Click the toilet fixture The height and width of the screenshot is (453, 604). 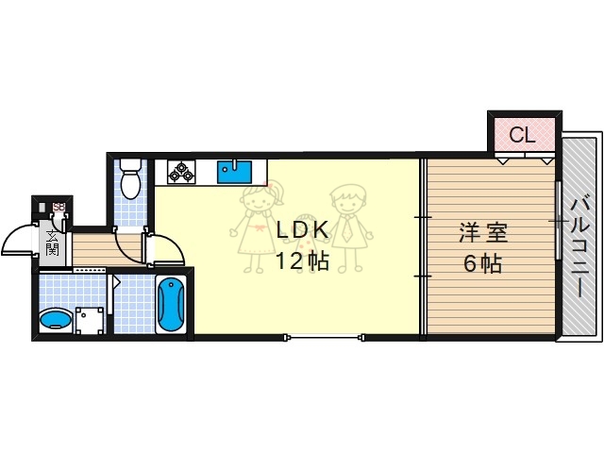point(131,179)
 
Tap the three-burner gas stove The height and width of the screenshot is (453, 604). point(181,171)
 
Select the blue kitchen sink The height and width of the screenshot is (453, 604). point(234,171)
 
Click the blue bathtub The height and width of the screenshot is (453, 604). point(171,303)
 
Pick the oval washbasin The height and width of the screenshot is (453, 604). point(56,321)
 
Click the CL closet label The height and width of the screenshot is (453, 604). point(522,135)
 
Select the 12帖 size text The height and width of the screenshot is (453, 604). point(302,261)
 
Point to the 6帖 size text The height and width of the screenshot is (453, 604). point(481,262)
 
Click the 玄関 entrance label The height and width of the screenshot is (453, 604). point(53,244)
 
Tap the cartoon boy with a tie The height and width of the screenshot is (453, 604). point(347,222)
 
